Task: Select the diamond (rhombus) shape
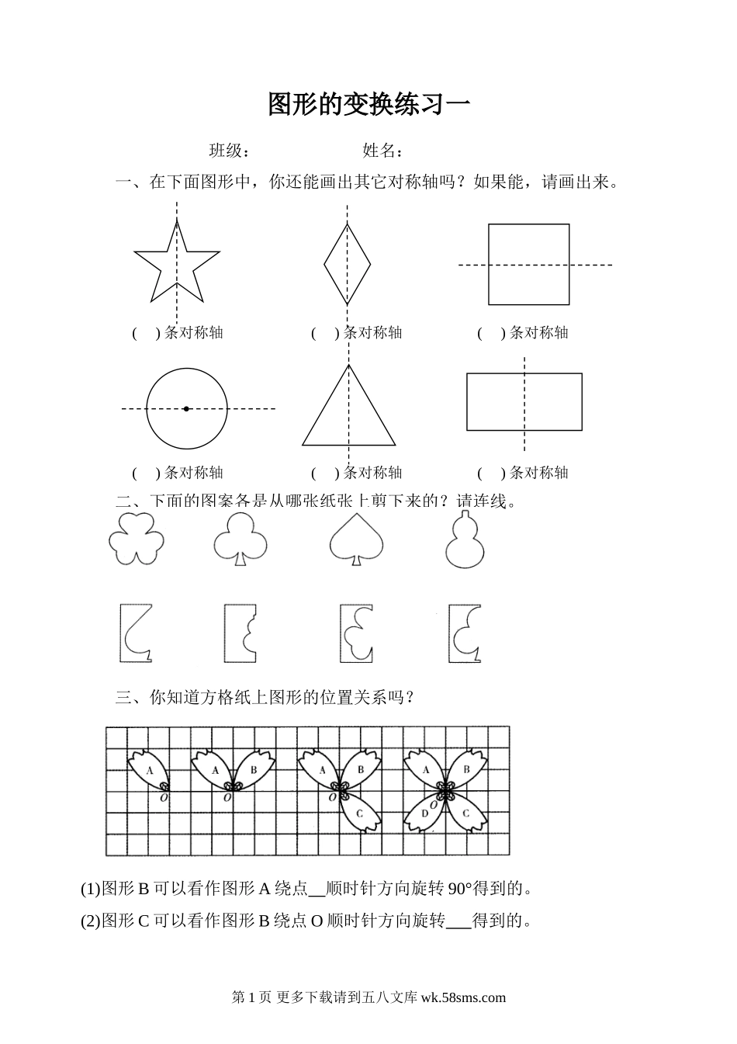click(347, 263)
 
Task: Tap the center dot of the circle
click(186, 408)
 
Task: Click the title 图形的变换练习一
click(368, 104)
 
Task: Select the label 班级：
click(230, 151)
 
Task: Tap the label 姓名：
click(382, 151)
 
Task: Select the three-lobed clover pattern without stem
click(137, 538)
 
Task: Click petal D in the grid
click(424, 814)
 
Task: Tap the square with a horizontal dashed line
click(528, 265)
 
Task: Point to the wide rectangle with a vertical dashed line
click(524, 402)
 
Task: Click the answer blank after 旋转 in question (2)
click(458, 921)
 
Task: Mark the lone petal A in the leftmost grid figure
click(151, 770)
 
